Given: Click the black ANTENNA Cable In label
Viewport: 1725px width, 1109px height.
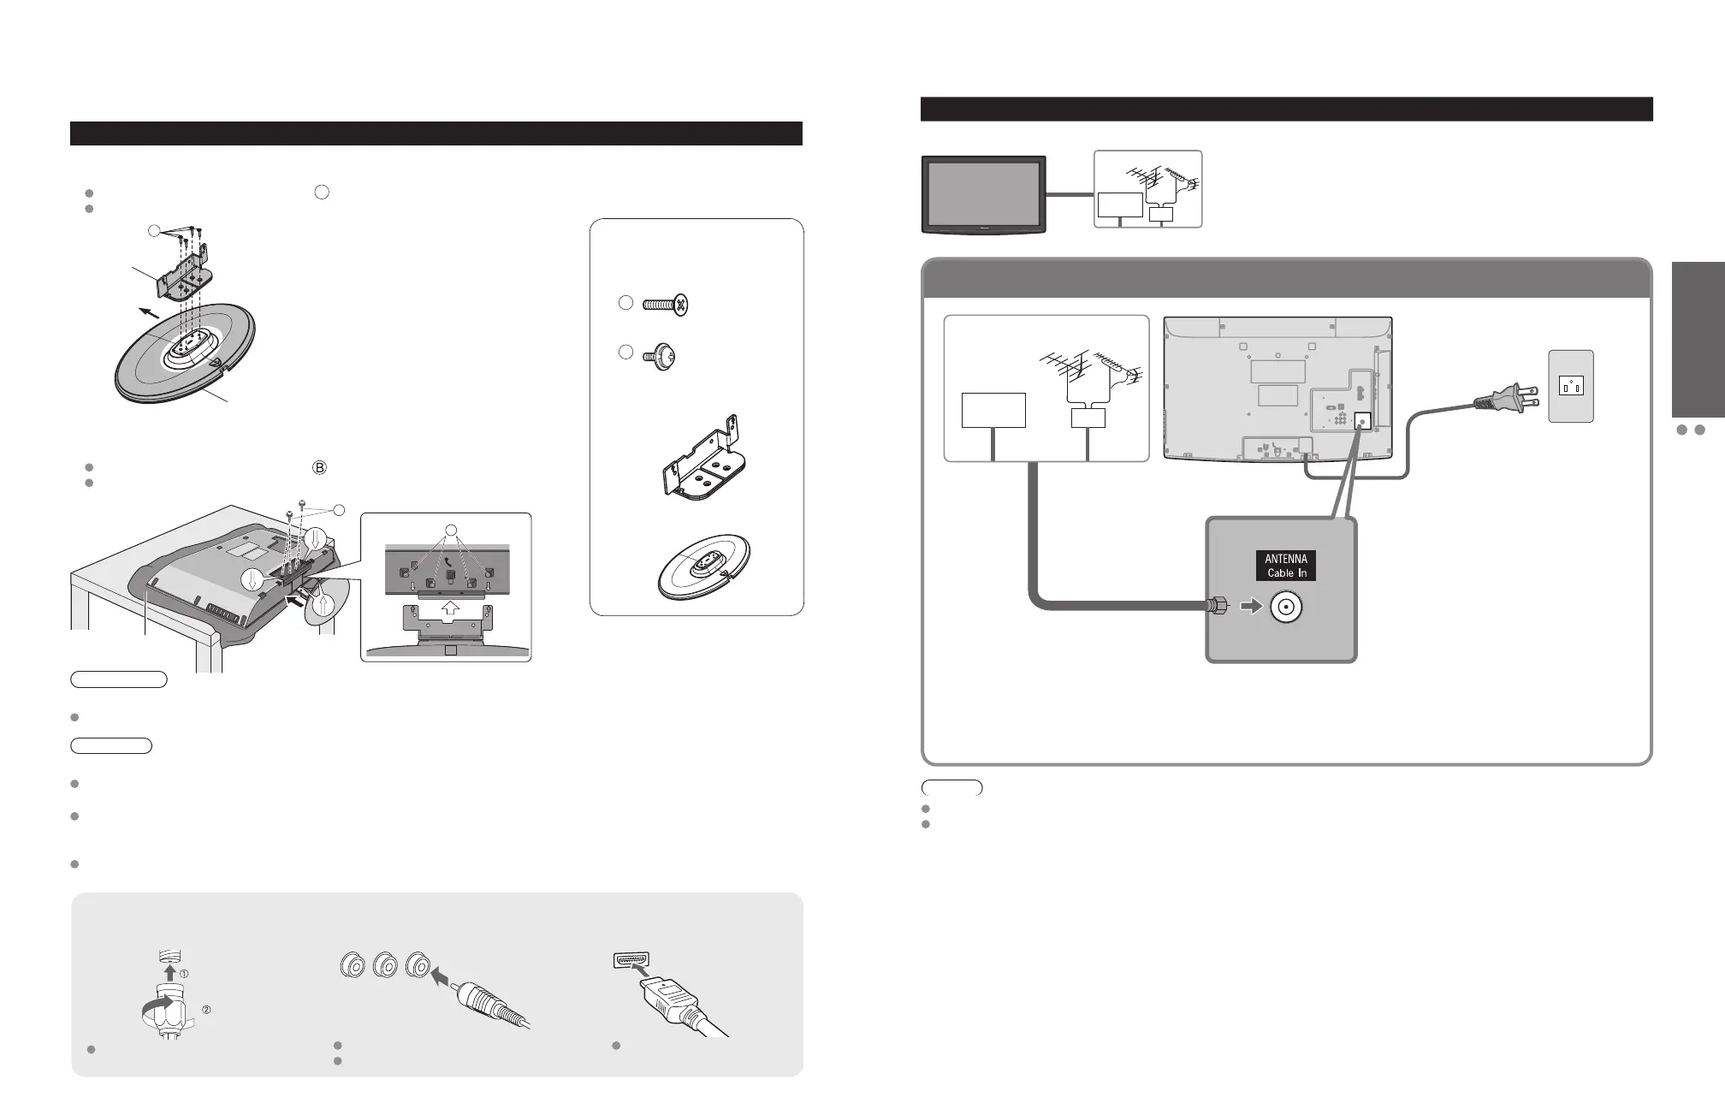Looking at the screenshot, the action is (x=1286, y=566).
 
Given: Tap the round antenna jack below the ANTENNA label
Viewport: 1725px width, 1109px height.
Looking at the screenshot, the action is (x=1286, y=608).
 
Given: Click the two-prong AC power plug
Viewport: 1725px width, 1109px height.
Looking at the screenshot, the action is (x=1505, y=400).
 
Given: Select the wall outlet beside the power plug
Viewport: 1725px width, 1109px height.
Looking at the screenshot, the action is (x=1570, y=387).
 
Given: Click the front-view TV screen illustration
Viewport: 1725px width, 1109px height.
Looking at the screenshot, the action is (x=983, y=193).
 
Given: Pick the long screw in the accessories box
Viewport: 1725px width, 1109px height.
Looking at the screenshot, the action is (x=667, y=305).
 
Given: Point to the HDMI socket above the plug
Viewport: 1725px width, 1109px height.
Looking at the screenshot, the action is (x=631, y=960).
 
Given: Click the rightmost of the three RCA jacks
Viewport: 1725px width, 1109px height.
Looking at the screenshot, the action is (x=418, y=966).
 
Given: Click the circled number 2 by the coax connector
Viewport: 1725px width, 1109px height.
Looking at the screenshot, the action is (x=205, y=1011).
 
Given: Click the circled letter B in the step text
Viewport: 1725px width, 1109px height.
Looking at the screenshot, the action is (x=320, y=468).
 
